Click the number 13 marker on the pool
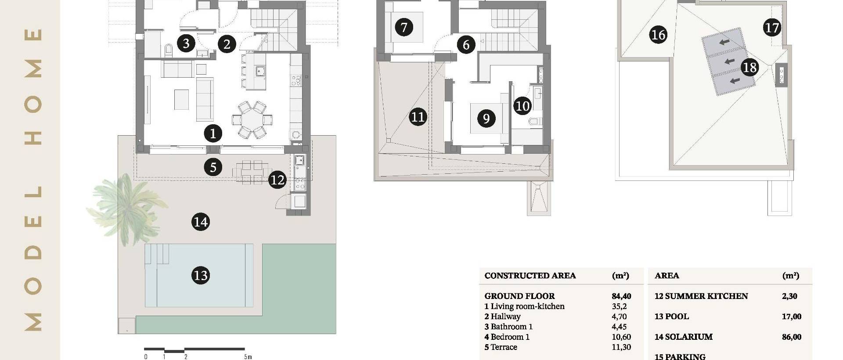click(201, 275)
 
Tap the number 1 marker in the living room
click(213, 133)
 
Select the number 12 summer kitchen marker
click(277, 180)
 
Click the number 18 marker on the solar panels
click(749, 67)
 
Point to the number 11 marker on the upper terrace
click(418, 117)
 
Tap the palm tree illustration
click(125, 206)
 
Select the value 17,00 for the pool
click(791, 317)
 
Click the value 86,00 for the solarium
click(791, 337)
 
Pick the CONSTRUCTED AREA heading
click(530, 276)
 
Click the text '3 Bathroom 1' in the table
click(508, 327)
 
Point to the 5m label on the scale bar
click(248, 357)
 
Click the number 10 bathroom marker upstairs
click(522, 106)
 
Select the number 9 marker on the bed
click(486, 119)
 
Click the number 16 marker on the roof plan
click(658, 34)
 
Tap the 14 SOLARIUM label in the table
click(683, 337)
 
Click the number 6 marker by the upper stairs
click(466, 44)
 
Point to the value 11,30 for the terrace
click(621, 347)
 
